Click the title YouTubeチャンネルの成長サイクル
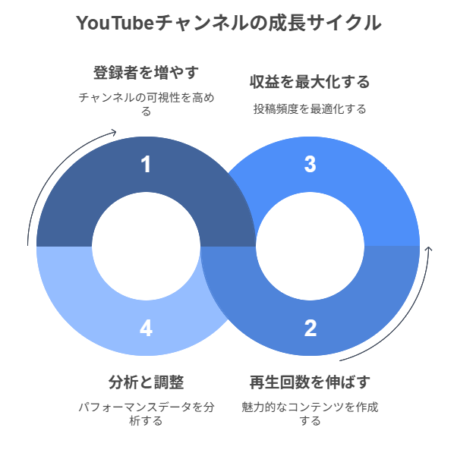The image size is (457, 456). coord(228,24)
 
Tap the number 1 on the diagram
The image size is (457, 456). coord(146,164)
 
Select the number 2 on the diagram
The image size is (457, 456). coord(310,329)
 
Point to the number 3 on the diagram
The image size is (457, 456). coord(310,164)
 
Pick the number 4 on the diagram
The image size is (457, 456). coord(146,329)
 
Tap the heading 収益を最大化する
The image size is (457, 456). coord(310,82)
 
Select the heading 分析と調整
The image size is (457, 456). coord(146,381)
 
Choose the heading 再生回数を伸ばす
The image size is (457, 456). coord(310,381)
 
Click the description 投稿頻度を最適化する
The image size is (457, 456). coord(310,108)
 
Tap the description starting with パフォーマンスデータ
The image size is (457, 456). coord(146,414)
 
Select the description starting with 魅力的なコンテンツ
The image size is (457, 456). coord(310,414)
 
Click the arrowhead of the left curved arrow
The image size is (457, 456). coord(114,133)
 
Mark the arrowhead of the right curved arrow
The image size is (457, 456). coord(430,248)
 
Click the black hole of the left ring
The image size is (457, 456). coord(146,246)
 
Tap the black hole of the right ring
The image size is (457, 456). coord(310,246)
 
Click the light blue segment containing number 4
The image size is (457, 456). coord(76,296)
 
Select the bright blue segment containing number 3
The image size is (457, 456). coord(380,197)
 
